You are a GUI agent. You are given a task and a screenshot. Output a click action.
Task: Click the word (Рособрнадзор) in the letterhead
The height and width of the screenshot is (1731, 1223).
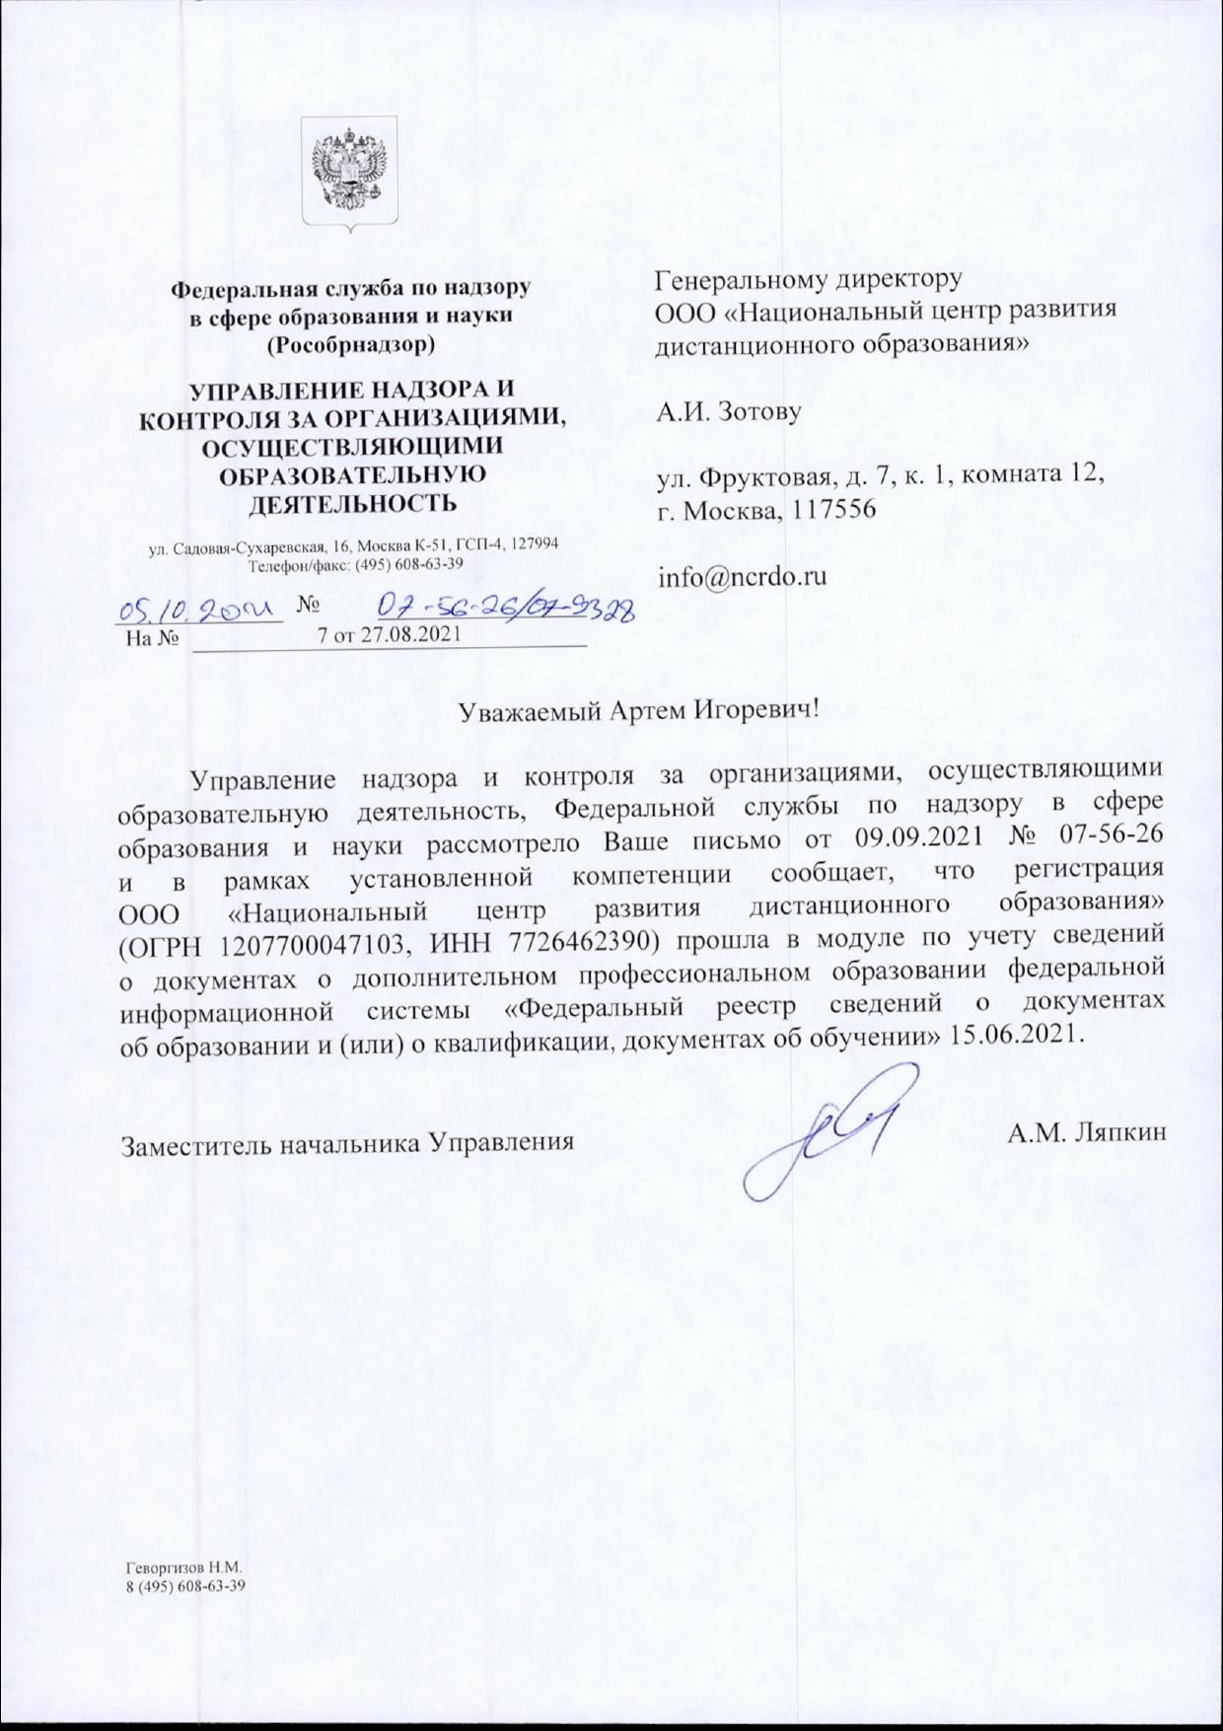[351, 345]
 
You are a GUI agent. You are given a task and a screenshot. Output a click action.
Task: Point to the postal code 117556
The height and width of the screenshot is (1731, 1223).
[837, 512]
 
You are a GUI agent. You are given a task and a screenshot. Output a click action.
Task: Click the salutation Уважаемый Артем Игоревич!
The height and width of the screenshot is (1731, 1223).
[640, 709]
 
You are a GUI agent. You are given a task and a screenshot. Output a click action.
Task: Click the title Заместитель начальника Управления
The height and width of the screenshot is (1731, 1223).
[347, 1144]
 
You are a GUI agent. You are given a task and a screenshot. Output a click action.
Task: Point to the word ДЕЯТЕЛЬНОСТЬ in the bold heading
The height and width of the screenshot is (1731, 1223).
[350, 503]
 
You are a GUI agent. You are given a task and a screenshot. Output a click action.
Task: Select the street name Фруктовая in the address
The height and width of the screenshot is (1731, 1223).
[758, 477]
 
